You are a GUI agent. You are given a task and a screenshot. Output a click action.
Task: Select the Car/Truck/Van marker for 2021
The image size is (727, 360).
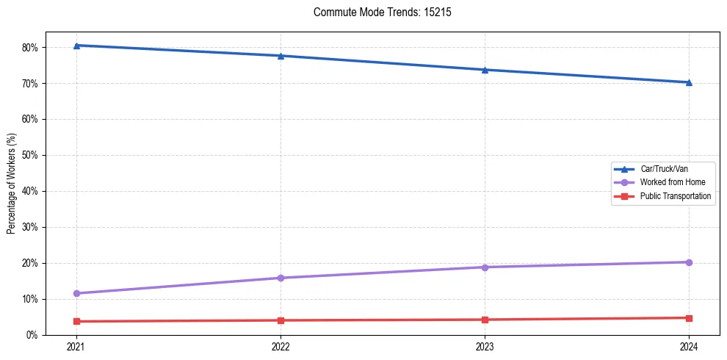(x=76, y=46)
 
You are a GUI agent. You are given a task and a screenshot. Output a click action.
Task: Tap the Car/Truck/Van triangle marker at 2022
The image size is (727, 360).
(x=281, y=56)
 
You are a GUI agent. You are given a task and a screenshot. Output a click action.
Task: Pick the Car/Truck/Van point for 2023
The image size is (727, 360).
(x=485, y=70)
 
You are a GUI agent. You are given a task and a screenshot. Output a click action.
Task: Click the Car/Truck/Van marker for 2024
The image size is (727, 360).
(x=689, y=82)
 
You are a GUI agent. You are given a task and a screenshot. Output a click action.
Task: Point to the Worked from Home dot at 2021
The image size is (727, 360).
(x=76, y=293)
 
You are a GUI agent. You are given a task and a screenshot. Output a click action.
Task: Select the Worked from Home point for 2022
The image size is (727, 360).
(x=281, y=278)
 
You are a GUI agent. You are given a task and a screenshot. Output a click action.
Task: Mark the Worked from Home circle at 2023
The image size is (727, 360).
(x=485, y=267)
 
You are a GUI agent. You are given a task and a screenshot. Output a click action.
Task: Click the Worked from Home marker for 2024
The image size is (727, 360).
(x=689, y=262)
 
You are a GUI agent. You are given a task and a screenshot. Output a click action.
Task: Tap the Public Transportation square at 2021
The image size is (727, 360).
(x=76, y=321)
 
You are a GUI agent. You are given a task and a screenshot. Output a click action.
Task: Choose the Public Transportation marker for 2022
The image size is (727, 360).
(x=281, y=320)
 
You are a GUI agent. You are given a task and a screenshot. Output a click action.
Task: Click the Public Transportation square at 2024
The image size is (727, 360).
(x=689, y=318)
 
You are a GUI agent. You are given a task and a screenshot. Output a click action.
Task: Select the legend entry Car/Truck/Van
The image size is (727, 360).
(x=663, y=168)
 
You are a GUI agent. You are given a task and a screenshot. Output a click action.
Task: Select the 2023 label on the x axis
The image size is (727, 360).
(x=485, y=346)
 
